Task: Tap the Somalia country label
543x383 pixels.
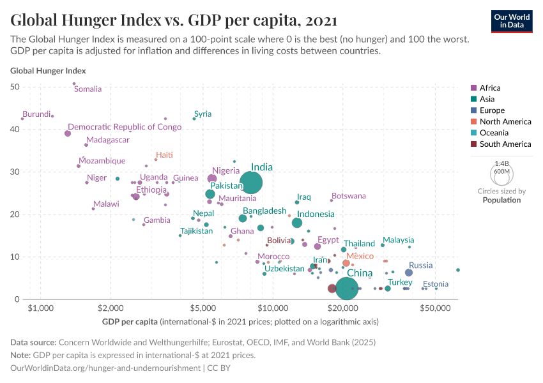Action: (88, 89)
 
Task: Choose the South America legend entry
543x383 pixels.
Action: (504, 144)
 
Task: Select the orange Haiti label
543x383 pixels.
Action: (164, 155)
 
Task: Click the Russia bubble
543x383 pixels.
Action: (409, 273)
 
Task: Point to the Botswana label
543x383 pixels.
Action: (349, 196)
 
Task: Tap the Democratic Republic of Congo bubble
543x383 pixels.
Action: (68, 133)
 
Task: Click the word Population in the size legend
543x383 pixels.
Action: (501, 200)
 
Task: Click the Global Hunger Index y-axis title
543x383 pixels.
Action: (48, 71)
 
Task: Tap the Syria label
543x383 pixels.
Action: (203, 114)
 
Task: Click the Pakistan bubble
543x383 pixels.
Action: (210, 194)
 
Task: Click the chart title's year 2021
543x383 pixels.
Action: (321, 20)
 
